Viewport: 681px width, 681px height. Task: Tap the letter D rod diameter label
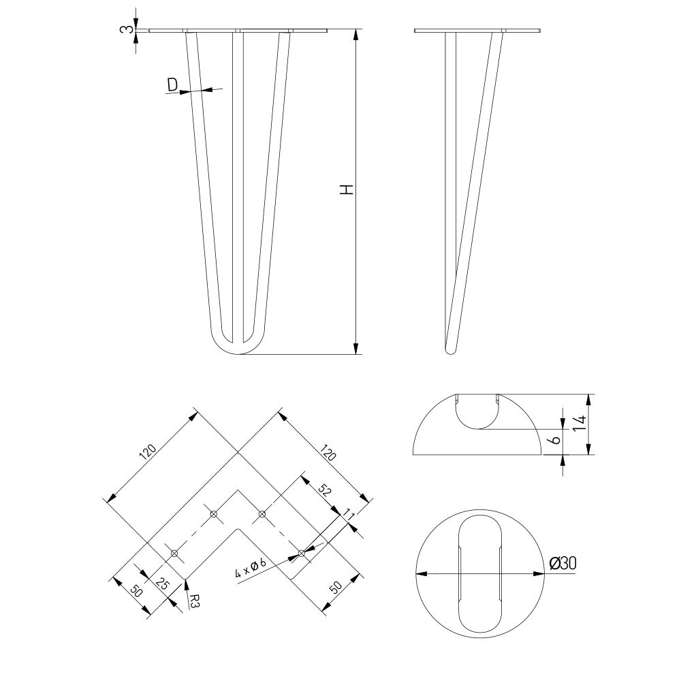pos(172,85)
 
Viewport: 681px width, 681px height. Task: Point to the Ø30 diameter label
pos(563,563)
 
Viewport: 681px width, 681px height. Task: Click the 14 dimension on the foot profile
pos(579,422)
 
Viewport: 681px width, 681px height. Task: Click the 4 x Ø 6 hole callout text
pos(250,568)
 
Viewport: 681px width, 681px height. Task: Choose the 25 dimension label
pos(162,584)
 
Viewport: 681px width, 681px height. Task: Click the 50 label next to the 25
pos(136,591)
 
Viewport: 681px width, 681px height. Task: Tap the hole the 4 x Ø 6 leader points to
pos(302,553)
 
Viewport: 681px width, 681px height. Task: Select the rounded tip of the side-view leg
pos(451,349)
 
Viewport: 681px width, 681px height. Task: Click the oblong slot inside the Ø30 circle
pos(480,574)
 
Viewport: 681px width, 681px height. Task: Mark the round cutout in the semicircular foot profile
pos(477,412)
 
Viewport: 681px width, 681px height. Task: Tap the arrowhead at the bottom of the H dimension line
pos(356,348)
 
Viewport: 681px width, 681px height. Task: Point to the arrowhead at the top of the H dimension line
pos(356,35)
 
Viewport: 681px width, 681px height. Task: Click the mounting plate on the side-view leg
pos(477,31)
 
